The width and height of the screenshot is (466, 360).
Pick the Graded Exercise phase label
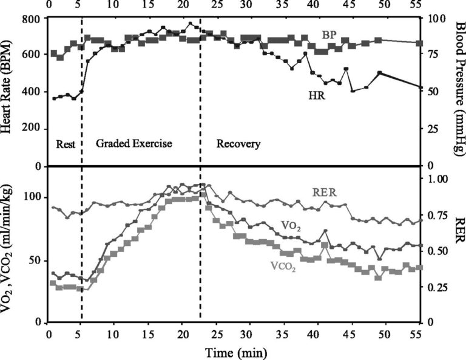(x=134, y=144)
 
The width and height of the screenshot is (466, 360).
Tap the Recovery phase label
(x=238, y=144)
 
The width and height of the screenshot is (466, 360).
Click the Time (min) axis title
(x=234, y=351)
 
